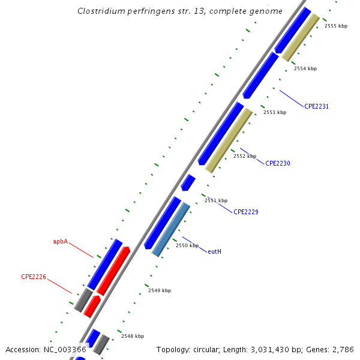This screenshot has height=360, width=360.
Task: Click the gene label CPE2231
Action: [x=316, y=106]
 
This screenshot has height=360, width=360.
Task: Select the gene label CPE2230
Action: [x=278, y=163]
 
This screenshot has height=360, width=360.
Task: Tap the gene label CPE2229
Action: [x=245, y=212]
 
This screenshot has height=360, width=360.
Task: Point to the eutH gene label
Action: [x=214, y=251]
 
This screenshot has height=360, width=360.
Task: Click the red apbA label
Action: [x=60, y=242]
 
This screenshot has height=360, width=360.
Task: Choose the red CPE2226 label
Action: [x=34, y=277]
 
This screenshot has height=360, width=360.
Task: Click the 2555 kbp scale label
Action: [x=335, y=26]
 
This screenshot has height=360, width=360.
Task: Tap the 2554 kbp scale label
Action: [x=305, y=68]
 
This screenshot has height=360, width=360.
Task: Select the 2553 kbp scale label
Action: [x=275, y=112]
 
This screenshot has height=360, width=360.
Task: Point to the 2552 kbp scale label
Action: [x=244, y=156]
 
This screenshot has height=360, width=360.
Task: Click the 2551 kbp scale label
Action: [x=216, y=200]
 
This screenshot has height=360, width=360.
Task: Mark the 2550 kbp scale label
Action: [x=187, y=245]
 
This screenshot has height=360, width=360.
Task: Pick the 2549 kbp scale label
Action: [x=159, y=290]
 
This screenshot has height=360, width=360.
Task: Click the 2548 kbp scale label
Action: [x=132, y=336]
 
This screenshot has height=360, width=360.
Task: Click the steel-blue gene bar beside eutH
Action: [x=171, y=229]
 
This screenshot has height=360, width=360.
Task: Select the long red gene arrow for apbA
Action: [x=114, y=269]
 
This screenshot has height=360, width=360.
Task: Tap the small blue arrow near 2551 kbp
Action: [x=188, y=182]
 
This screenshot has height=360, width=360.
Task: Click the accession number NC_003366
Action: [x=63, y=349]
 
